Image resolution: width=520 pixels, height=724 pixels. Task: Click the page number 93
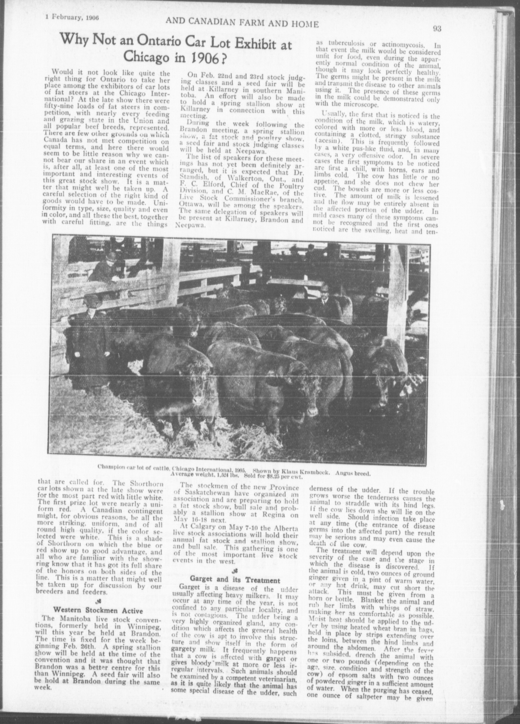click(x=437, y=29)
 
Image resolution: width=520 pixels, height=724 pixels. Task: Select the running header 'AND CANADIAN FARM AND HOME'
click(x=242, y=24)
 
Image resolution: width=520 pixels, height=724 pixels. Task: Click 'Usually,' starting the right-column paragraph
click(x=327, y=114)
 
